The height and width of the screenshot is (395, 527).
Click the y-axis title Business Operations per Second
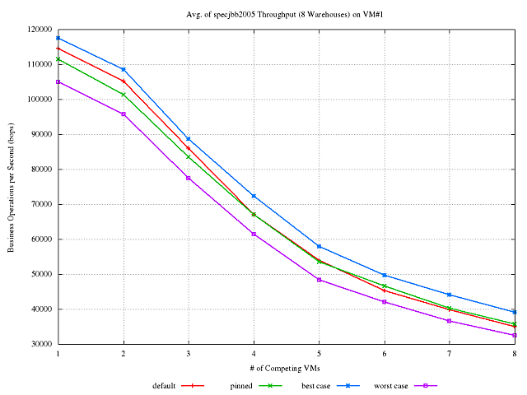click(x=12, y=187)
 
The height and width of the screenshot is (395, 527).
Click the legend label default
click(x=165, y=385)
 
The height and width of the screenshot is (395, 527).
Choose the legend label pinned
click(x=241, y=385)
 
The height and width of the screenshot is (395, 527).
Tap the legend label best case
click(x=316, y=385)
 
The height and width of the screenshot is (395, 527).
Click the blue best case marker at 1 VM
click(x=58, y=38)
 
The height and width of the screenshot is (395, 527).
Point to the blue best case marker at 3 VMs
click(x=189, y=139)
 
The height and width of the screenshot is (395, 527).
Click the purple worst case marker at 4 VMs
click(x=254, y=235)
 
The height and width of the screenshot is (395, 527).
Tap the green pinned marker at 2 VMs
click(x=124, y=95)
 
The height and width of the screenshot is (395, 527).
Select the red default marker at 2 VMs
click(x=124, y=81)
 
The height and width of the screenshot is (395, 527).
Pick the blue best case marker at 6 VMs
click(x=385, y=275)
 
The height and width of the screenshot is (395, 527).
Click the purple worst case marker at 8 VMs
click(x=515, y=335)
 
